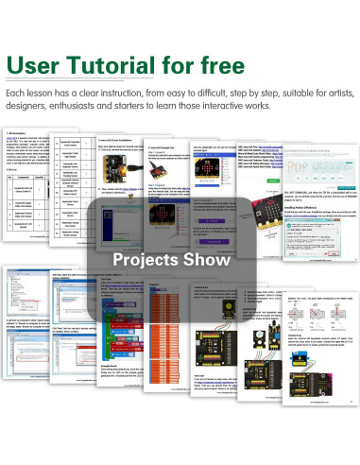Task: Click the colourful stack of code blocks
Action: [x=91, y=336]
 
